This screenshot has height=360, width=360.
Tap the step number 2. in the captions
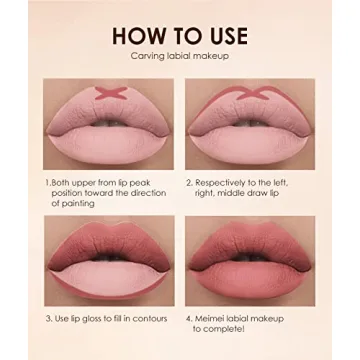point(190,183)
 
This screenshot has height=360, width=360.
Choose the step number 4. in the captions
point(190,319)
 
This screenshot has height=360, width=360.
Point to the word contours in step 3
point(149,319)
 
